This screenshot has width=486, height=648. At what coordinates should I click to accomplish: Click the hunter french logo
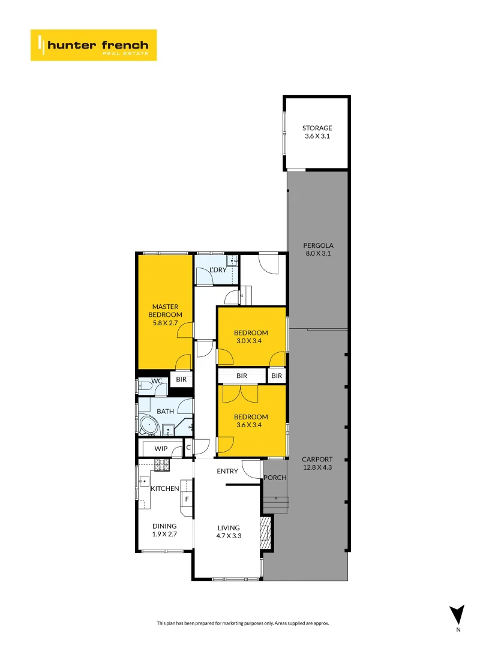click(94, 45)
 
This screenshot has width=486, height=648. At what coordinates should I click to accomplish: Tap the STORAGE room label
click(317, 132)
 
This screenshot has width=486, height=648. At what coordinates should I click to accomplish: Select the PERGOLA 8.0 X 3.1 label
click(318, 249)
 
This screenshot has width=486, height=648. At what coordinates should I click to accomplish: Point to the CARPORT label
click(317, 463)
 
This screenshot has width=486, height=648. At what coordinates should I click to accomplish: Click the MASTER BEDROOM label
click(165, 315)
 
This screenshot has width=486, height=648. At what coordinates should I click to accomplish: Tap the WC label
click(157, 381)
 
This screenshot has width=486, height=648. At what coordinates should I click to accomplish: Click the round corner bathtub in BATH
click(148, 427)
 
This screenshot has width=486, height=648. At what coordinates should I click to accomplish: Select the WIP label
click(161, 449)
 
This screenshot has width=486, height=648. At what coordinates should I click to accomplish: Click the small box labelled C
click(188, 447)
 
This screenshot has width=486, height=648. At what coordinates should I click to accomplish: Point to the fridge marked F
click(187, 499)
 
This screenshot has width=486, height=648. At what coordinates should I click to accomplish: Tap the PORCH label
click(275, 478)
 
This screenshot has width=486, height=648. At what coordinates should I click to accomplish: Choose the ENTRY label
click(227, 471)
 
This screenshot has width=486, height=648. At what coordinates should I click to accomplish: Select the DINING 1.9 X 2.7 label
click(164, 530)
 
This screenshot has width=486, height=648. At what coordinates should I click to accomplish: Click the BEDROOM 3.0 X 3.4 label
click(251, 337)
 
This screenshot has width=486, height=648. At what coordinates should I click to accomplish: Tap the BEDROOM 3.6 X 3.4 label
click(251, 421)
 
